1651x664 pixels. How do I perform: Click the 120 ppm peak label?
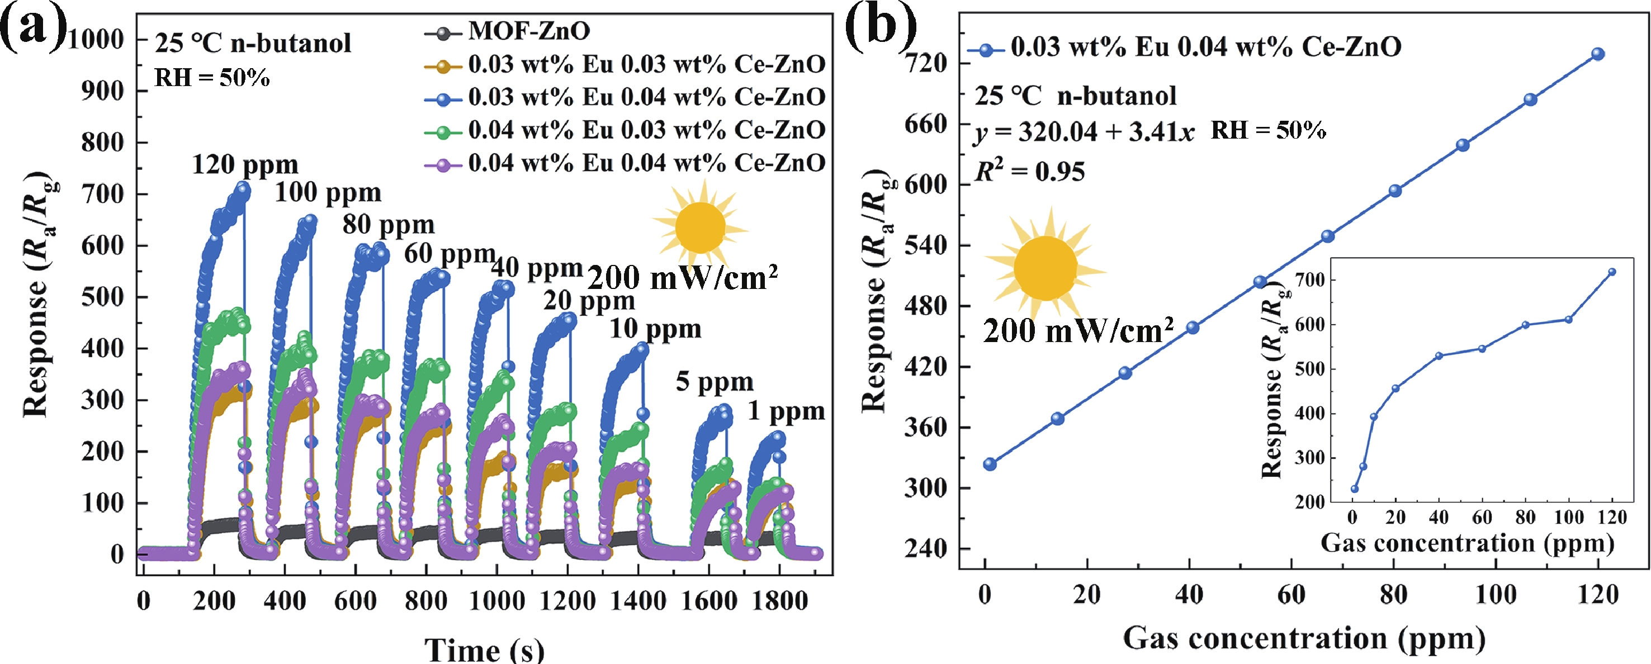pyautogui.click(x=245, y=165)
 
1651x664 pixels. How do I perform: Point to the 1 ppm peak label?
pyautogui.click(x=787, y=411)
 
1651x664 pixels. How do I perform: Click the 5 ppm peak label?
pyautogui.click(x=715, y=382)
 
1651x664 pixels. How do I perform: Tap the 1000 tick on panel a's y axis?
pyautogui.click(x=96, y=40)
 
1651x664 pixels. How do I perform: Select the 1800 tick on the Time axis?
pyautogui.click(x=779, y=601)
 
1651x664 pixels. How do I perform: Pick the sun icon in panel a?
pyautogui.click(x=700, y=227)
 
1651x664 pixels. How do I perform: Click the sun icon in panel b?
pyautogui.click(x=1046, y=268)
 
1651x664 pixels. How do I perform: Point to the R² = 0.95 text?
pyautogui.click(x=1030, y=172)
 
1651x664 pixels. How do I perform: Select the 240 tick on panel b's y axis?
pyautogui.click(x=925, y=549)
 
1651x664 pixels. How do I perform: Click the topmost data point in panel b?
pyautogui.click(x=1598, y=54)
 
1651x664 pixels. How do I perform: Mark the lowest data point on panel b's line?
pyautogui.click(x=990, y=464)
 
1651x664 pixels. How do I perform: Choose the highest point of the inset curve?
pyautogui.click(x=1612, y=272)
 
